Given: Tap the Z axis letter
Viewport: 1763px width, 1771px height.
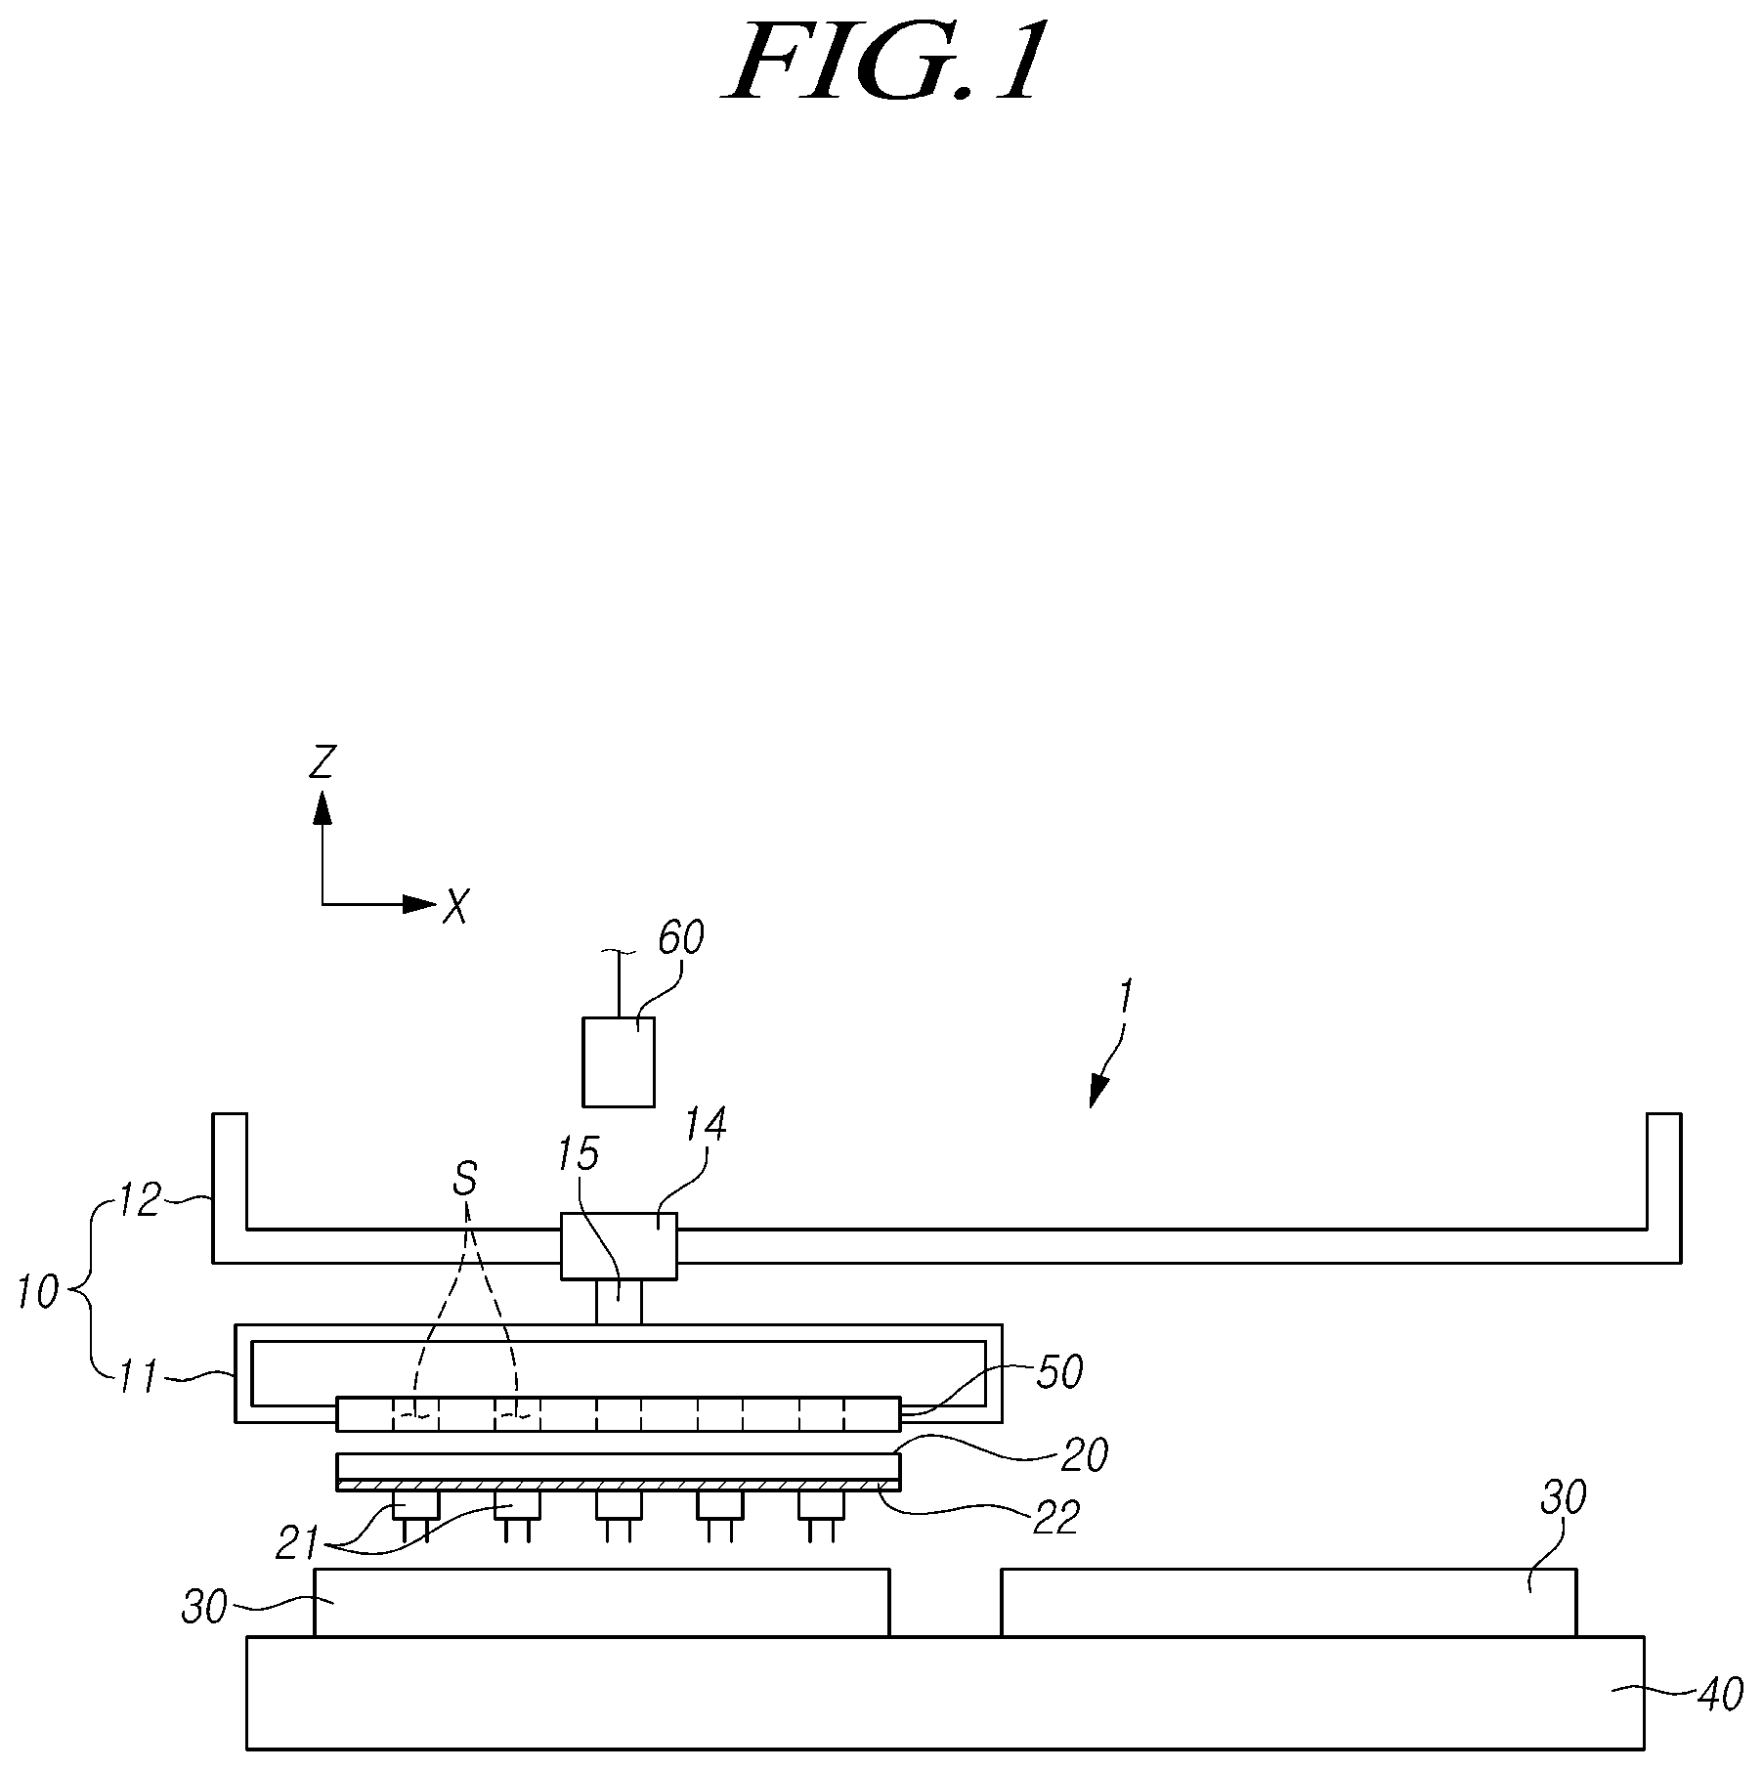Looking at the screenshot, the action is [322, 761].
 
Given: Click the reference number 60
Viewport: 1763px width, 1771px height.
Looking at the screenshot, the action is [680, 938].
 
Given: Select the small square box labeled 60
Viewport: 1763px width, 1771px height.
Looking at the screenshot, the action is [619, 1062].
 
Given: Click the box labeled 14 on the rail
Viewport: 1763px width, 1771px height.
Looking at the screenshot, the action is [619, 1246].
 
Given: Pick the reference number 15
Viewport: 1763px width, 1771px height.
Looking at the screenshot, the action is [578, 1154].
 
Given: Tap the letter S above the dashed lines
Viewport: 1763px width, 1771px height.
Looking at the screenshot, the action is [465, 1180].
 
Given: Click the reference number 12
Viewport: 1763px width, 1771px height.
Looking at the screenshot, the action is [139, 1201].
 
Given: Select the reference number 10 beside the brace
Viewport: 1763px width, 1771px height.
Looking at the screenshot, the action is [40, 1293].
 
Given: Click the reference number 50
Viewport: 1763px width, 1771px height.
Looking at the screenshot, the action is [1059, 1372].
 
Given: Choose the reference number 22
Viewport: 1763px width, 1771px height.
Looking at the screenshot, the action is [1056, 1518].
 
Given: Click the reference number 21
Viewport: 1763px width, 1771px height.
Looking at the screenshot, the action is [298, 1543].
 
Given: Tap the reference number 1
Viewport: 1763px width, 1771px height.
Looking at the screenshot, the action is [1125, 997].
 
